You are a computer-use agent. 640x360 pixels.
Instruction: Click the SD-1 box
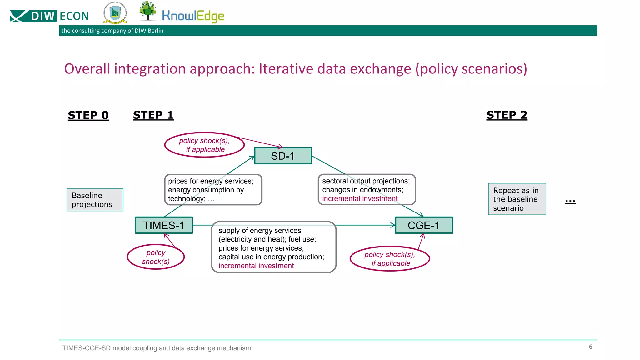pyautogui.click(x=283, y=156)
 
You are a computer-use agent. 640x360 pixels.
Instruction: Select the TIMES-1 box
pyautogui.click(x=164, y=225)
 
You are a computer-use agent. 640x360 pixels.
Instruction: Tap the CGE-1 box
pyautogui.click(x=424, y=225)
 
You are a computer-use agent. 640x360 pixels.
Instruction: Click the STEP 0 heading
pyautogui.click(x=88, y=115)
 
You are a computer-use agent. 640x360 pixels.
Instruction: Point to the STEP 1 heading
pyautogui.click(x=153, y=115)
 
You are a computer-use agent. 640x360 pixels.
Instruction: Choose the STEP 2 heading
pyautogui.click(x=507, y=115)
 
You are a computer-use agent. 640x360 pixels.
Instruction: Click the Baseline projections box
pyautogui.click(x=95, y=200)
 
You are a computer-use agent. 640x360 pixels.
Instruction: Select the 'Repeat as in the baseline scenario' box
pyautogui.click(x=517, y=199)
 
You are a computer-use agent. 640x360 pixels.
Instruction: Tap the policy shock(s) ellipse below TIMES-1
pyautogui.click(x=156, y=257)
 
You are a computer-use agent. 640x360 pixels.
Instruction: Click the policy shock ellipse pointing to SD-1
pyautogui.click(x=204, y=145)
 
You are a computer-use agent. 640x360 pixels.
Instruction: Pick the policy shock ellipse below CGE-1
pyautogui.click(x=390, y=259)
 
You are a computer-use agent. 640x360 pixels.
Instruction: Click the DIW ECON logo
pyautogui.click(x=49, y=16)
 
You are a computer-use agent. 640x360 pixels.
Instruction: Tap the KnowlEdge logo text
pyautogui.click(x=193, y=16)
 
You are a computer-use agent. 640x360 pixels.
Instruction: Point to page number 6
pyautogui.click(x=590, y=347)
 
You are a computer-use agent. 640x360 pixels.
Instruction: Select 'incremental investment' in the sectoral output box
pyautogui.click(x=360, y=198)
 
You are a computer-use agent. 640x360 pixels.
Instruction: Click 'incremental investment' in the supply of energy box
pyautogui.click(x=256, y=266)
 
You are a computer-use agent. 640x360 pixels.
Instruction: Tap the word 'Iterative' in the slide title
pyautogui.click(x=286, y=69)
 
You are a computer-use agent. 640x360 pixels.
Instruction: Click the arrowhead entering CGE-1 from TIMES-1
pyautogui.click(x=393, y=225)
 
